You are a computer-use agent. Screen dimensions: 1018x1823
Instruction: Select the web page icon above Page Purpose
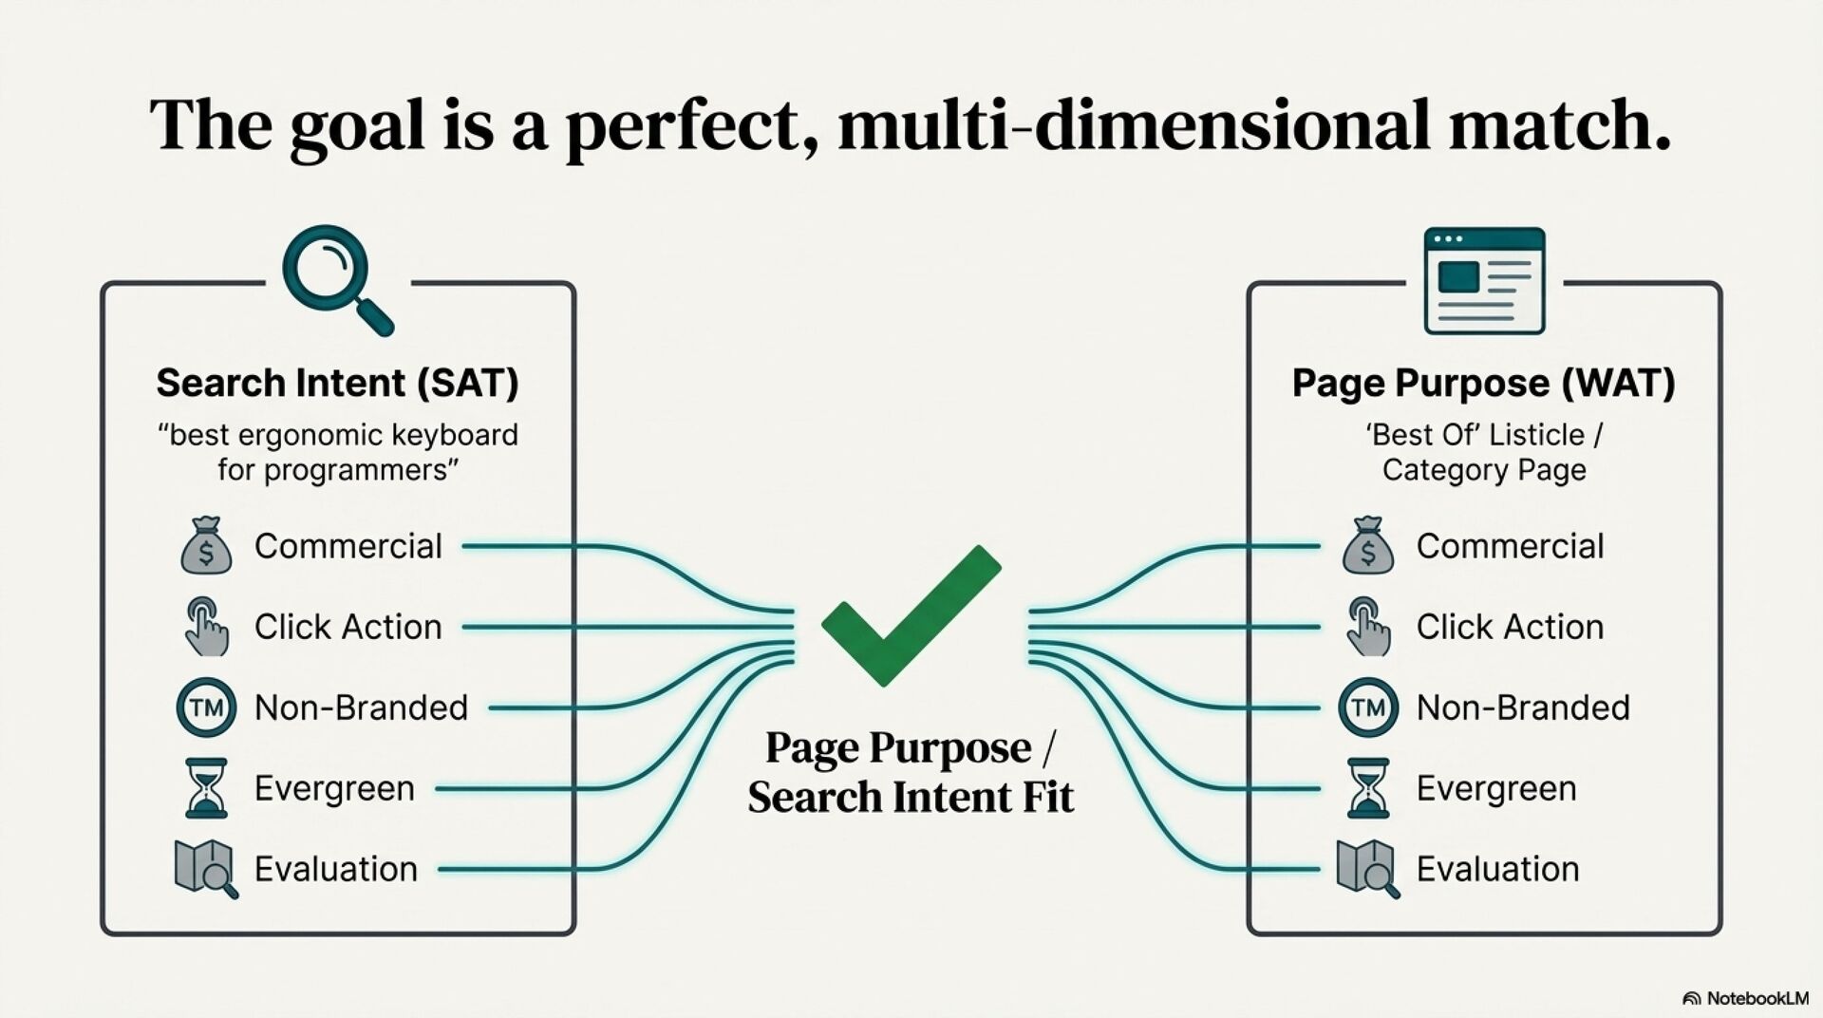pos(1484,280)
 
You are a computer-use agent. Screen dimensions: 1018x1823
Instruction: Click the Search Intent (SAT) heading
pos(337,383)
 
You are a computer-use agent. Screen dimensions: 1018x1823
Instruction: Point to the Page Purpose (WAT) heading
pos(1483,383)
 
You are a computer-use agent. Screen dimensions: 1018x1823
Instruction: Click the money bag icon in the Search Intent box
pos(206,546)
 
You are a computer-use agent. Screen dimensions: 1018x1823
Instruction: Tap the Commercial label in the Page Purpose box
pos(1510,546)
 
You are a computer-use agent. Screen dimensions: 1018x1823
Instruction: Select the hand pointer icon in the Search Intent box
pos(206,627)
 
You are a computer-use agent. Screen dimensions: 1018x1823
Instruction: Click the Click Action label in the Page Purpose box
pos(1510,627)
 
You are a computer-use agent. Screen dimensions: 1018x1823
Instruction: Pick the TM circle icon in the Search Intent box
pos(206,707)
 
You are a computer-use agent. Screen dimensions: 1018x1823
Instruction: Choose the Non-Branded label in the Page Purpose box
pos(1523,707)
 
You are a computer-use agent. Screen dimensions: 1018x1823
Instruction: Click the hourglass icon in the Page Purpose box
pos(1368,788)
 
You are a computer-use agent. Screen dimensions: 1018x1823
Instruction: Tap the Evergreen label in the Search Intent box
pos(334,788)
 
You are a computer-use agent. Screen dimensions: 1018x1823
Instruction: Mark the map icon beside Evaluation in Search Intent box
pos(206,868)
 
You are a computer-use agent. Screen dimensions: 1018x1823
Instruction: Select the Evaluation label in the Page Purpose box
pos(1497,869)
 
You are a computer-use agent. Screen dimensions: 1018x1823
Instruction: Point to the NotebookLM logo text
pos(1757,998)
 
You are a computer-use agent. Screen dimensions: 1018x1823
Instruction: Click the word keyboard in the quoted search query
pos(455,435)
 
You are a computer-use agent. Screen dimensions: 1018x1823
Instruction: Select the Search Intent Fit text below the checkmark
pos(910,797)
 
